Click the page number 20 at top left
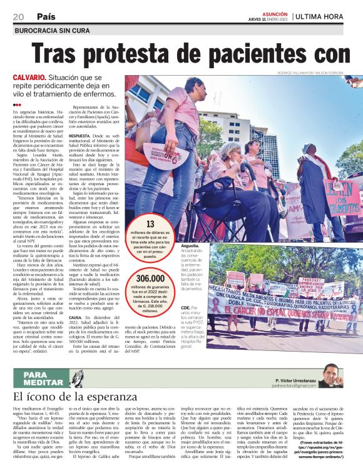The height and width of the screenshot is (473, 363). point(19,16)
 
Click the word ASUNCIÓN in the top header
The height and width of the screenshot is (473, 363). point(275,13)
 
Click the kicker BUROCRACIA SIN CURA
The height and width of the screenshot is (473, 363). point(51,30)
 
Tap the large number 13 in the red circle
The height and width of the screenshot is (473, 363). point(150,223)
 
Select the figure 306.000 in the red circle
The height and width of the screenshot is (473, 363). point(150,278)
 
